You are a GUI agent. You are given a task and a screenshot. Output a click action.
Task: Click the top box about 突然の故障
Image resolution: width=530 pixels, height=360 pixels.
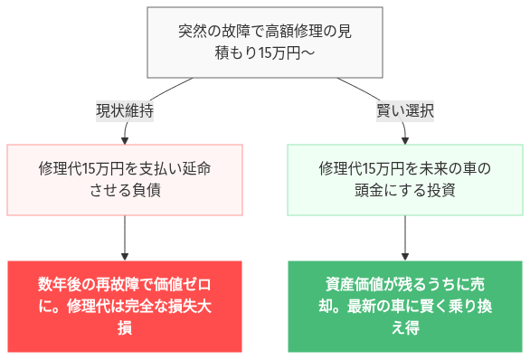[x=265, y=43]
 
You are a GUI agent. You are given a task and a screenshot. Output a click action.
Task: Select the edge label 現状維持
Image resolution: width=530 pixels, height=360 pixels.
[x=125, y=111]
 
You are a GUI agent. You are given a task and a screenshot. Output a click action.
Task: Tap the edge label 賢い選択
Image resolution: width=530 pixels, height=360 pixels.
[x=405, y=111]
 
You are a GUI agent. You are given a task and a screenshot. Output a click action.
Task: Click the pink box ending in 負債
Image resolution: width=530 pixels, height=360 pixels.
[x=125, y=179]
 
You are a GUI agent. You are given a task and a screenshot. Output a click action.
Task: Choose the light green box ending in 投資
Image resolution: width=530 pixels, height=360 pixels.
[x=404, y=179]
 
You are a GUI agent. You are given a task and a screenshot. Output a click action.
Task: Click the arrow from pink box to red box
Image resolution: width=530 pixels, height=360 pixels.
[x=125, y=237]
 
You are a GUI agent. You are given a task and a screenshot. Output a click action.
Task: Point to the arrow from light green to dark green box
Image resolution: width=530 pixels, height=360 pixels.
[x=404, y=237]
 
